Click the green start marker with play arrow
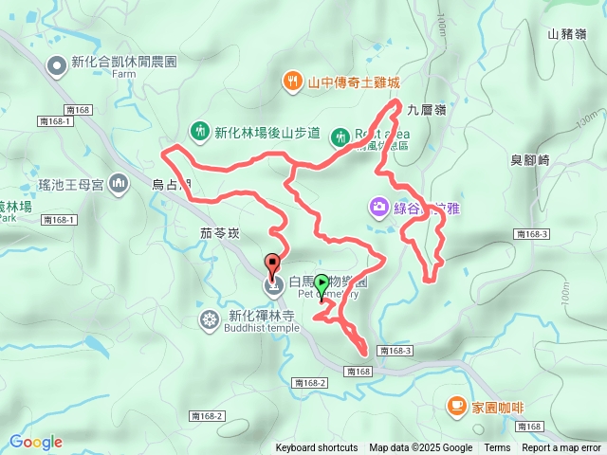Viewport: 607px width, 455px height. (x=322, y=282)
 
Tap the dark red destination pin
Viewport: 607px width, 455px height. (x=273, y=266)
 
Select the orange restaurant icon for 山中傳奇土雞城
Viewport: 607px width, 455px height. (x=293, y=82)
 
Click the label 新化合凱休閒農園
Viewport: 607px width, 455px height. (x=124, y=64)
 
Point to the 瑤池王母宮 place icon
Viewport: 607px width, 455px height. (x=119, y=183)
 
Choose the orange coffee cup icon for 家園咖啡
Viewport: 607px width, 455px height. (x=456, y=407)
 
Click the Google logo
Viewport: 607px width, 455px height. (x=36, y=442)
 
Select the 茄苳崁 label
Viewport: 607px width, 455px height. (x=222, y=230)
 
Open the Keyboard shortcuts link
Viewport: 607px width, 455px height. (x=317, y=448)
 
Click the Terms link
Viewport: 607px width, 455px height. (x=497, y=448)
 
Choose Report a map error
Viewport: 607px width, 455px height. (x=561, y=448)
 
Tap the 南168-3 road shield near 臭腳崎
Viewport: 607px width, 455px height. (x=531, y=234)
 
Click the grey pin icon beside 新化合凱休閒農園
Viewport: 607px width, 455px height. (x=57, y=64)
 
